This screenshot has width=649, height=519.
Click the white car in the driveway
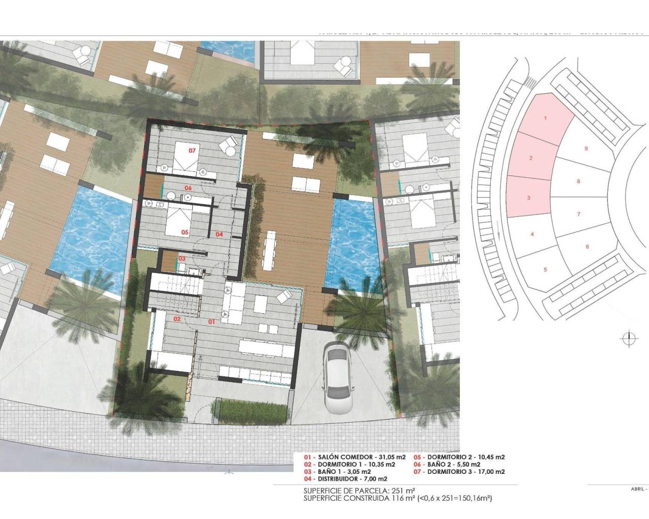[335, 371]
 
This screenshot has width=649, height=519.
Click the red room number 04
[219, 234]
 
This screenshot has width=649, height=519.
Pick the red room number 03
[181, 259]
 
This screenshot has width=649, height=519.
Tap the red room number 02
[177, 319]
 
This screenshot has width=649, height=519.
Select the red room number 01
[211, 321]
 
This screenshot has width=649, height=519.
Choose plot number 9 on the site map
[586, 149]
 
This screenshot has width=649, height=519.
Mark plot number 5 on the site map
[545, 269]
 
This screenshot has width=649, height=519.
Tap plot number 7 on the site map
[579, 214]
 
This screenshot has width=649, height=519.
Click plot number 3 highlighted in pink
[528, 198]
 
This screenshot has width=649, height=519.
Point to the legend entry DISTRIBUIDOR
[350, 479]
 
